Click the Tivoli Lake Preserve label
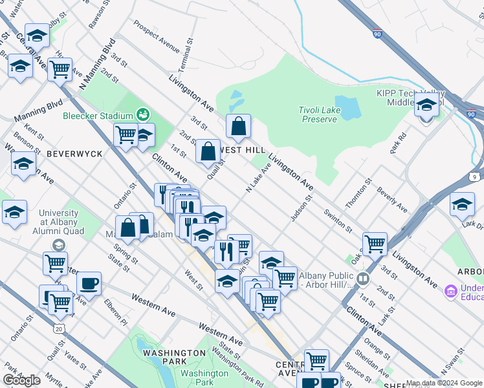click(x=318, y=114)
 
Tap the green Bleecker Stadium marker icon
click(x=142, y=116)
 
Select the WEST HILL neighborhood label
click(x=242, y=149)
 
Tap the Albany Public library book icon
click(x=363, y=279)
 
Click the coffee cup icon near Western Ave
click(x=89, y=283)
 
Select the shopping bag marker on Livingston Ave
click(x=239, y=126)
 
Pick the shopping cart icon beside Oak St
click(x=375, y=244)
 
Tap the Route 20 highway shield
click(x=60, y=329)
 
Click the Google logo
click(x=22, y=380)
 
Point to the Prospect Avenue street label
click(x=157, y=39)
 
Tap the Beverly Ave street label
click(x=392, y=201)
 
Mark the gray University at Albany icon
click(x=58, y=245)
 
